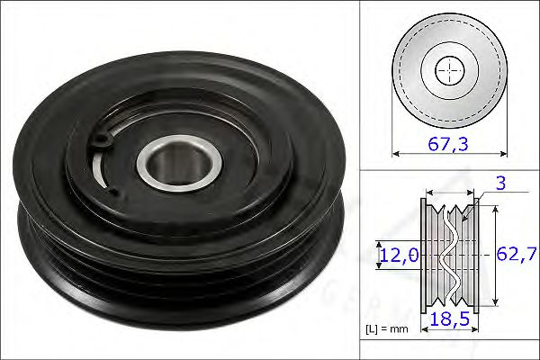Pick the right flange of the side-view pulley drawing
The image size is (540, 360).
point(479,255)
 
